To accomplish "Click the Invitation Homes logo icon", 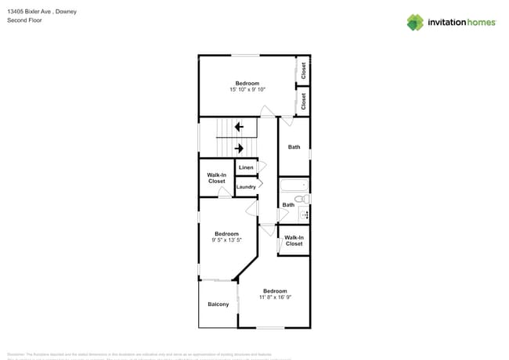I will click(x=415, y=22).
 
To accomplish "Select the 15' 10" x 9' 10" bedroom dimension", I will click(x=247, y=90).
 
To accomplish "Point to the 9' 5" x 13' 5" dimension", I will click(x=226, y=240).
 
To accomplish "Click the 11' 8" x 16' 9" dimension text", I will click(x=275, y=297).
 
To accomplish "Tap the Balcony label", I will click(x=218, y=304).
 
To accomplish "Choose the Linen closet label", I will click(x=246, y=167).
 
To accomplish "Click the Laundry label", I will click(x=246, y=187).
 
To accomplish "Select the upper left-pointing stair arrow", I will click(x=239, y=126).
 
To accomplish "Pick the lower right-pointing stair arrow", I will click(x=240, y=148).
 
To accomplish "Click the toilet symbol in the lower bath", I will click(x=304, y=200).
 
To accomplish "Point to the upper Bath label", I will click(x=294, y=147).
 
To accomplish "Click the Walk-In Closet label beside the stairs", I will click(x=216, y=178).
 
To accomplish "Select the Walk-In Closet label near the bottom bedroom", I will click(x=294, y=241).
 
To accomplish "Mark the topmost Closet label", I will click(x=304, y=71).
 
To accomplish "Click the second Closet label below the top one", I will click(x=304, y=100).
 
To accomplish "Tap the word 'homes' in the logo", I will click(x=480, y=23).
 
